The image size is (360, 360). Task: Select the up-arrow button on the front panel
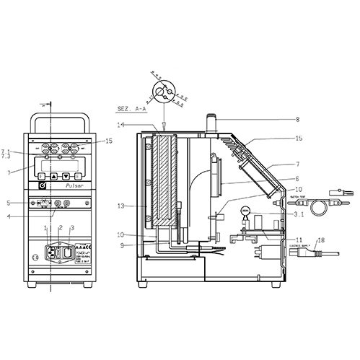(53, 175)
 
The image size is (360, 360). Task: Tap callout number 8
(276, 120)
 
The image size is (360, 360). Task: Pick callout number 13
(122, 206)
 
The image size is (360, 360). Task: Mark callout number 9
(123, 245)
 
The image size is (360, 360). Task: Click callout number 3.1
(297, 214)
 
